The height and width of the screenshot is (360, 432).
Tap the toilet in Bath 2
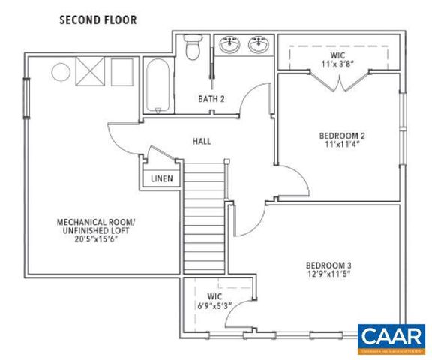pyautogui.click(x=192, y=47)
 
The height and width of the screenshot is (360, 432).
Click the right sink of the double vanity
pyautogui.click(x=259, y=46)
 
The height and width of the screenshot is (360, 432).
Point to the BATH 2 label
pyautogui.click(x=211, y=98)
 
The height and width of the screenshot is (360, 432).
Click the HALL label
pyautogui.click(x=202, y=140)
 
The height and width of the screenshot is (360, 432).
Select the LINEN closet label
pyautogui.click(x=162, y=178)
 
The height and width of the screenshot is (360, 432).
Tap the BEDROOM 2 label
pyautogui.click(x=342, y=136)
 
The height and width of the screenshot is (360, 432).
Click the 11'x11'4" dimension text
pyautogui.click(x=342, y=145)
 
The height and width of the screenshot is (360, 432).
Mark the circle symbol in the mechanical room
pyautogui.click(x=60, y=73)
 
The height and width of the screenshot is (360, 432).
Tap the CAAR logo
pyautogui.click(x=391, y=337)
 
